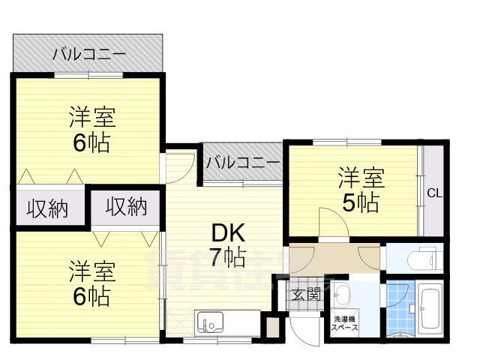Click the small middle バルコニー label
pos(241,161)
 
